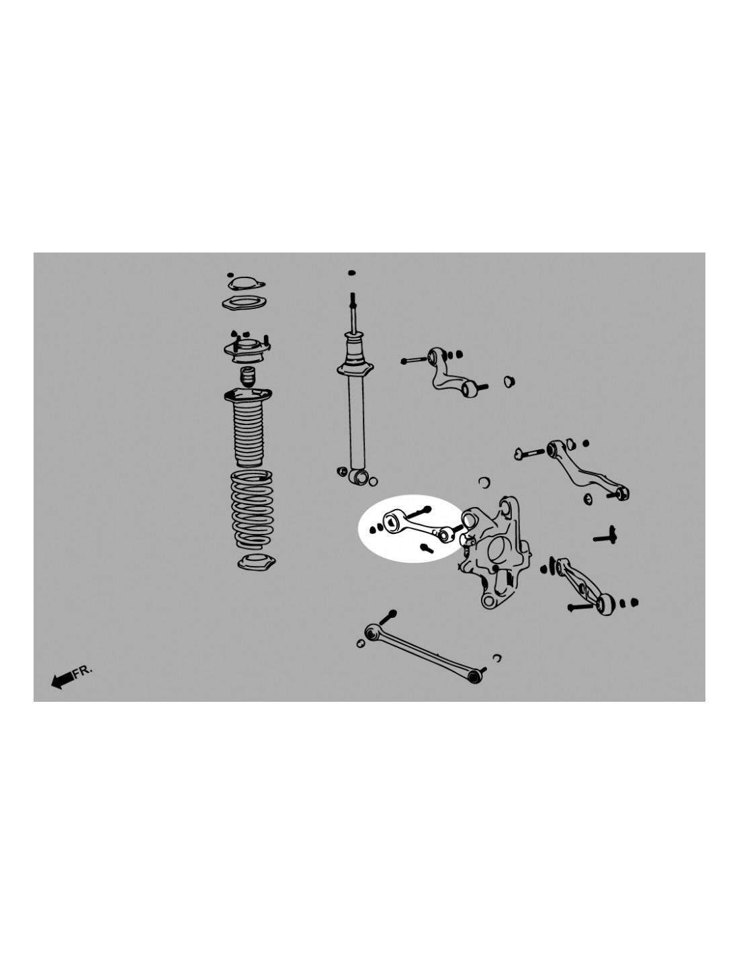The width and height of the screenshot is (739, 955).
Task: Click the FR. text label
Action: coord(82,672)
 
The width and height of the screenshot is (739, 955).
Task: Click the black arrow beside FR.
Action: coord(62,680)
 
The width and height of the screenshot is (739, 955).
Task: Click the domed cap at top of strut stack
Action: coord(246,283)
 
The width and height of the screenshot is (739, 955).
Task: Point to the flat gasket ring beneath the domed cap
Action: coord(245,304)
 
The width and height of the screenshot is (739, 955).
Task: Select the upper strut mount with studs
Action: coord(247,349)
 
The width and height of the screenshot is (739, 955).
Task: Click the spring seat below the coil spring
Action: coord(256,562)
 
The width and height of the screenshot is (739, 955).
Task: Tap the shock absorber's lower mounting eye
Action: coord(359,477)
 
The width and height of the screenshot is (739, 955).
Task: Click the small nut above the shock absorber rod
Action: coord(351,273)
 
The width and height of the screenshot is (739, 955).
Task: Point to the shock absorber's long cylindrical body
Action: coord(357,422)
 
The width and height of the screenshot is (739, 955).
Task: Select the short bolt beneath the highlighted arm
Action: coord(427,548)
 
